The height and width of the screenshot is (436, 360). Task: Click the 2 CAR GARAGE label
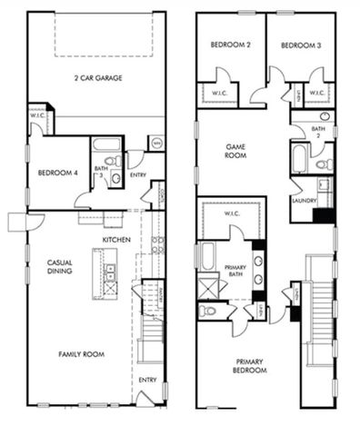pyautogui.click(x=97, y=78)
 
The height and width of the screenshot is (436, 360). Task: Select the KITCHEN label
pyautogui.click(x=115, y=239)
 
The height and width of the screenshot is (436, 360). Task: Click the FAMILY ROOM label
pyautogui.click(x=80, y=353)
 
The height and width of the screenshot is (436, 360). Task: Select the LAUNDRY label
pyautogui.click(x=304, y=200)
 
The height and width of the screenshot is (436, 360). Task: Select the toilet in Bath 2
pyautogui.click(x=322, y=164)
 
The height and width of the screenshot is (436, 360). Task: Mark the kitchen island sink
pyautogui.click(x=111, y=269)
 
